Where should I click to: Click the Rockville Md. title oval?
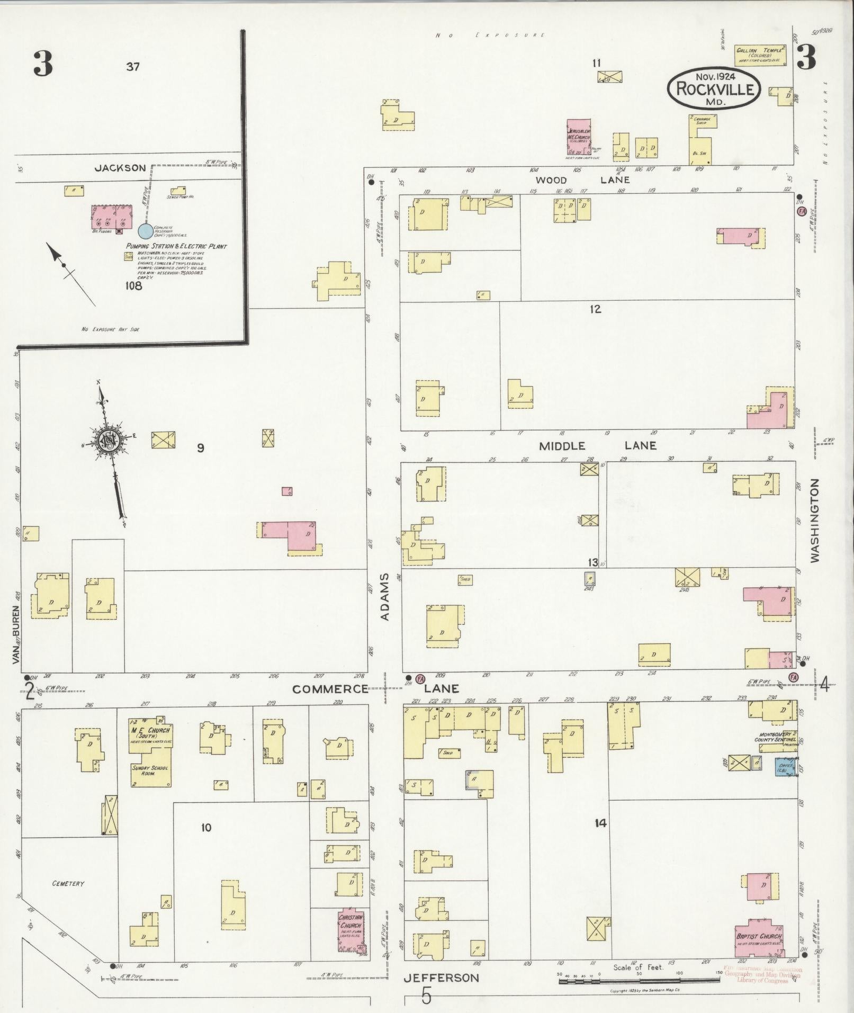click(x=714, y=88)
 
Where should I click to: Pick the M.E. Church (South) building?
click(x=151, y=751)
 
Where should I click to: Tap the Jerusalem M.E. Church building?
click(x=578, y=137)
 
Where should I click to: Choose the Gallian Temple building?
click(x=760, y=55)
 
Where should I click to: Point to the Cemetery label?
click(x=68, y=883)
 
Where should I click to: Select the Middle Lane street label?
click(x=597, y=446)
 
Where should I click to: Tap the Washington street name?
click(x=814, y=520)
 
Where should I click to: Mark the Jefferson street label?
click(x=441, y=978)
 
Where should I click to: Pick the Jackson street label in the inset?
click(x=120, y=168)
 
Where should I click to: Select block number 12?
click(x=596, y=309)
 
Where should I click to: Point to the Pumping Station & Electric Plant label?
click(x=176, y=246)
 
